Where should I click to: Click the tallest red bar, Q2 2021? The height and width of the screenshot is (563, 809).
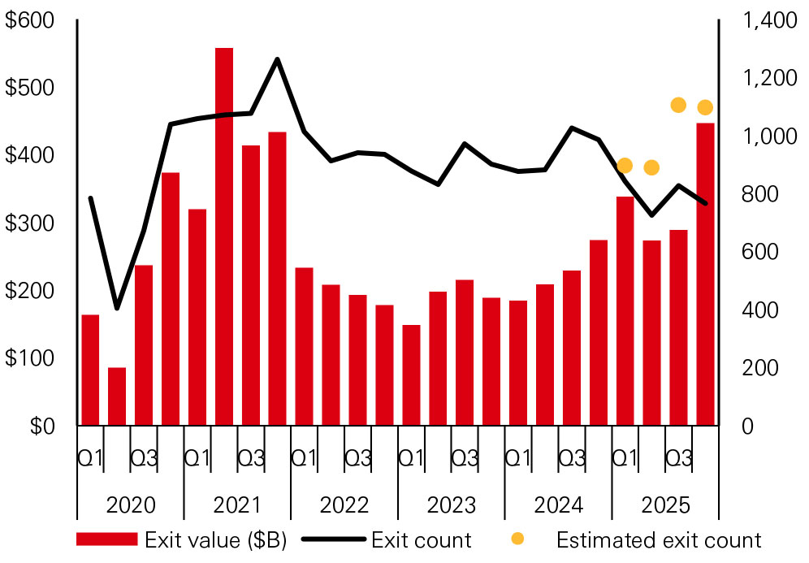tap(224, 236)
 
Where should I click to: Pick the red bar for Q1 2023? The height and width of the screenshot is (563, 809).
tap(411, 375)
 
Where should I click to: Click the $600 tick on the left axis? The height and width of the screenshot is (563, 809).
tap(29, 21)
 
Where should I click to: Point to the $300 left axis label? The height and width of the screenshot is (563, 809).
tap(29, 223)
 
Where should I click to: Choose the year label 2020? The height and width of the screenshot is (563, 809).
tap(131, 505)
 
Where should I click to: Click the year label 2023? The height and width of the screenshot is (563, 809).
tap(452, 505)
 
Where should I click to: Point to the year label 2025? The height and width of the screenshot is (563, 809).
tap(665, 505)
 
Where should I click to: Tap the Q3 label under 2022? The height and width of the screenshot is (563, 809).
tap(357, 459)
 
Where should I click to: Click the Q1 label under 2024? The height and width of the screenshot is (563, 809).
tap(518, 459)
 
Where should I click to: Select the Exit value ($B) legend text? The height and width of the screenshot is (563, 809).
tap(215, 540)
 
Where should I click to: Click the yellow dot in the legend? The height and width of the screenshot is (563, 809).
tap(517, 539)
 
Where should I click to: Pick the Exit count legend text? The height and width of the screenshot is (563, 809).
tap(421, 540)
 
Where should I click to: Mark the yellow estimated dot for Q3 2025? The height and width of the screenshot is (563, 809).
tap(678, 105)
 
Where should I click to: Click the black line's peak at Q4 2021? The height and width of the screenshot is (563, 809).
tap(277, 58)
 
